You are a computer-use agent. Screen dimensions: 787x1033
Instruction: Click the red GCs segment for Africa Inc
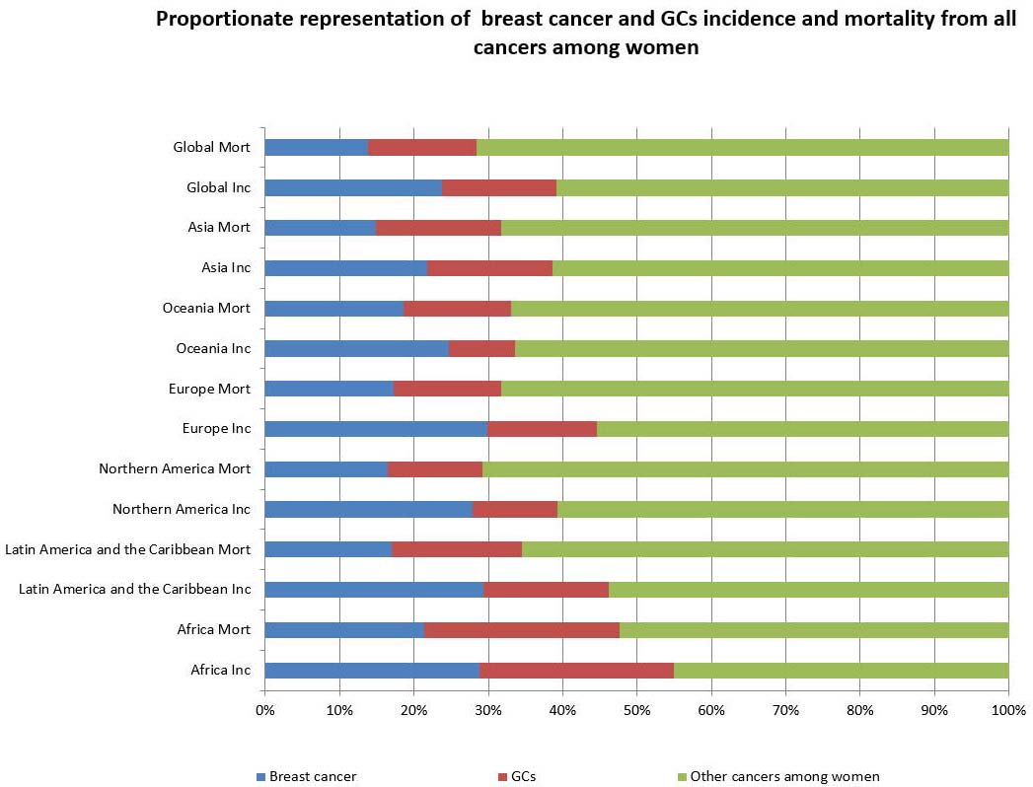[576, 670]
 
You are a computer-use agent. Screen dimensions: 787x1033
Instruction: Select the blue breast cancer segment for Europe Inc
[376, 428]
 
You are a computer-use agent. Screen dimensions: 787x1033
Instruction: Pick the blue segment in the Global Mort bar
[316, 147]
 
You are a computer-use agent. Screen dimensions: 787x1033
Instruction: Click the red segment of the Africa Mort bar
[521, 629]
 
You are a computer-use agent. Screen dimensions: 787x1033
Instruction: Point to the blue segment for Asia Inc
[345, 267]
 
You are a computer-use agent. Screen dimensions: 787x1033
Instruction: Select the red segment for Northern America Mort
[434, 468]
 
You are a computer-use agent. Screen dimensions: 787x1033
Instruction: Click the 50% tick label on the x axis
[636, 710]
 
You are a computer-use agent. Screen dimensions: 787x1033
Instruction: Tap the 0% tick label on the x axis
[264, 710]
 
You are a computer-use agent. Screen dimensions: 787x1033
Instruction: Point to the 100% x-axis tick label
[1007, 710]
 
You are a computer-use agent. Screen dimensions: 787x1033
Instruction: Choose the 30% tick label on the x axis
[487, 710]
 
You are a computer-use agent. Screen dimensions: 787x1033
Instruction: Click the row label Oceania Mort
[206, 308]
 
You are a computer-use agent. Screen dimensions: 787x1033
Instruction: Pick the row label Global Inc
[218, 187]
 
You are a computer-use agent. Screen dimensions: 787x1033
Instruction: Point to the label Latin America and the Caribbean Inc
[135, 589]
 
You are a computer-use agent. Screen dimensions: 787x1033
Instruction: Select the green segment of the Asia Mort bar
[755, 227]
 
